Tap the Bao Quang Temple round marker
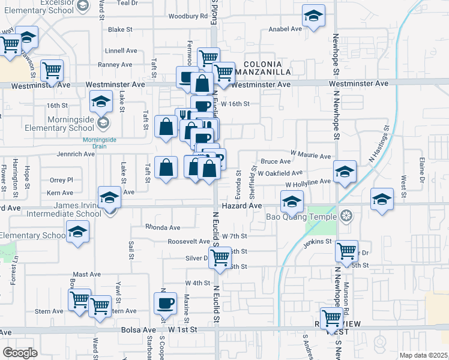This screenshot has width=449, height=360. point(345,215)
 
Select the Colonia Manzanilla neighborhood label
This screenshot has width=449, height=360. point(267,68)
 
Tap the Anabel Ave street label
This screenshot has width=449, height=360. point(286,29)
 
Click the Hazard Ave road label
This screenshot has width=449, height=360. point(242,206)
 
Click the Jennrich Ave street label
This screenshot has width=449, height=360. point(76,154)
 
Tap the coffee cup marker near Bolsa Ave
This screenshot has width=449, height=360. point(165,302)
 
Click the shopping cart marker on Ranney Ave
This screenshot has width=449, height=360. point(52,70)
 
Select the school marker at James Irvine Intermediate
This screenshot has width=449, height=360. point(109,197)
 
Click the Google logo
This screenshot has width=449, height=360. point(20,352)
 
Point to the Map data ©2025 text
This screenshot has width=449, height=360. point(423,355)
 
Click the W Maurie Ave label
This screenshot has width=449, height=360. point(310,156)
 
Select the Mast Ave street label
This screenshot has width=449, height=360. point(87,274)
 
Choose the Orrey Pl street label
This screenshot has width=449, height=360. point(61,180)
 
